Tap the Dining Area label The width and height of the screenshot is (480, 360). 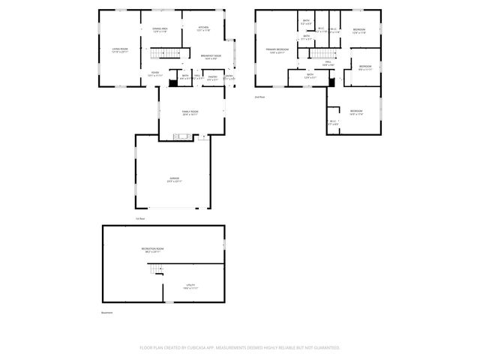point(160,30)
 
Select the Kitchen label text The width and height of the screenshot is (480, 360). point(202,29)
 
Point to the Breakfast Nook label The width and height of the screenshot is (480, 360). point(210,57)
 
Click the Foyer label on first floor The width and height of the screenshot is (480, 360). point(154,75)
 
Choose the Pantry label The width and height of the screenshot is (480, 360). point(212,77)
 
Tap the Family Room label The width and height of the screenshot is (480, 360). point(190,113)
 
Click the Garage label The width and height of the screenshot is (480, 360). point(174,180)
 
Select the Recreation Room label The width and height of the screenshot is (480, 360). point(152,250)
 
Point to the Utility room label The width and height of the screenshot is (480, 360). point(190,286)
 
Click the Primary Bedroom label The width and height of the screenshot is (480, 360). point(277,51)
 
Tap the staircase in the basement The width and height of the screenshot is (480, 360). point(155,270)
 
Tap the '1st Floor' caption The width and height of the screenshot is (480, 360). point(139,219)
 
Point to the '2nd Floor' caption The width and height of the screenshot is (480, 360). point(260,97)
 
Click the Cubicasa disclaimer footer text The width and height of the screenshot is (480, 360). point(240,348)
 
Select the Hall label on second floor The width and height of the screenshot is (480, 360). point(328,65)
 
